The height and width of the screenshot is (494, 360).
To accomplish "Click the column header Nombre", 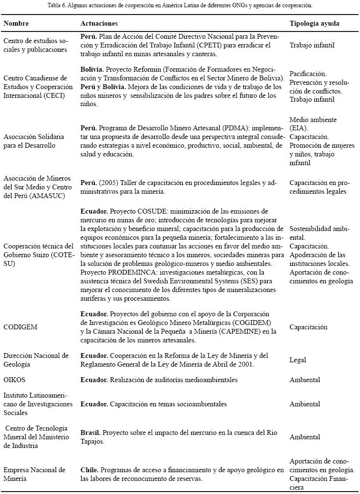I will (x=16, y=23).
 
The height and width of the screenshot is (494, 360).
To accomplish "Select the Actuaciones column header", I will (x=99, y=23).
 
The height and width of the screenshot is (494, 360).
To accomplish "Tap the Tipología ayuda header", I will (x=314, y=23).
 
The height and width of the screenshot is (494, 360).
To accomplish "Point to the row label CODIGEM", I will (x=20, y=327).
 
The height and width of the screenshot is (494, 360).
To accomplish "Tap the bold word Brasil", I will (x=90, y=429).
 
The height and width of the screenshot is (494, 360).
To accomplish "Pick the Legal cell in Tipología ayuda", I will (x=298, y=360).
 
